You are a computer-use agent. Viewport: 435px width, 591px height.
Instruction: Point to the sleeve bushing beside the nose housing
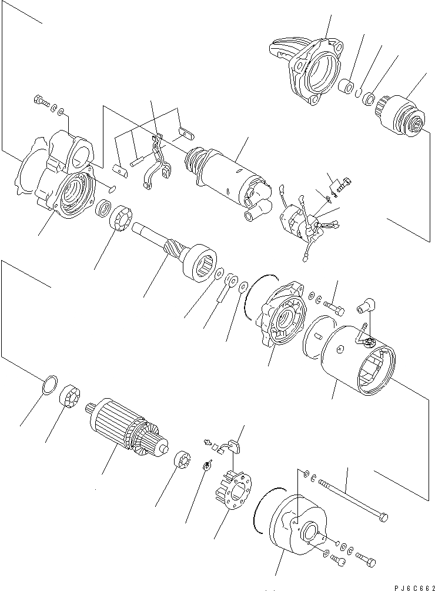pos(349,88)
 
